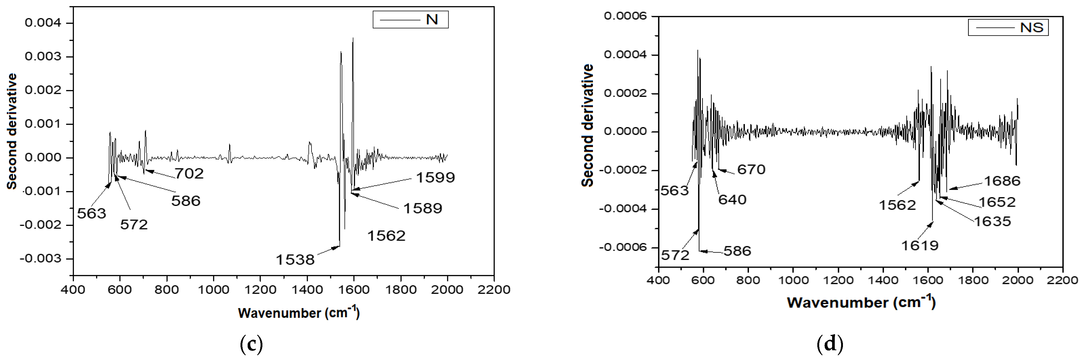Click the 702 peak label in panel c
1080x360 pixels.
tap(189, 173)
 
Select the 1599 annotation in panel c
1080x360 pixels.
tap(435, 177)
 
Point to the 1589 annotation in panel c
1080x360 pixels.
tap(423, 208)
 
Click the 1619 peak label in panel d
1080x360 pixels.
tap(920, 245)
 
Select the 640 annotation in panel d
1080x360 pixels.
tap(732, 200)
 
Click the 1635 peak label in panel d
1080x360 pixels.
tap(992, 221)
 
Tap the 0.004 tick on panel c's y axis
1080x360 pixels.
tap(43, 23)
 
